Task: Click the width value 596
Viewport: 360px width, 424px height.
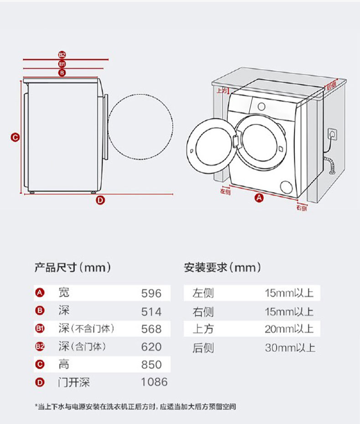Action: pyautogui.click(x=151, y=293)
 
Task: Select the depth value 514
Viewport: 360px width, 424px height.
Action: pyautogui.click(x=151, y=312)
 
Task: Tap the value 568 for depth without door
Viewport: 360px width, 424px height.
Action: pyautogui.click(x=151, y=329)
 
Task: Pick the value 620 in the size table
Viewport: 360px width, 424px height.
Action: pyautogui.click(x=151, y=347)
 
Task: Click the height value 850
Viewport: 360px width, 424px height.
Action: pyautogui.click(x=151, y=365)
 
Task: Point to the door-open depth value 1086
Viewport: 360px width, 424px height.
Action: pyautogui.click(x=154, y=382)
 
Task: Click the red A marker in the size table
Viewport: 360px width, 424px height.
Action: pyautogui.click(x=40, y=293)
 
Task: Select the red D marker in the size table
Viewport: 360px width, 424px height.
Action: pyautogui.click(x=40, y=383)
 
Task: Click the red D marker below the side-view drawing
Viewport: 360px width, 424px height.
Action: pyautogui.click(x=100, y=199)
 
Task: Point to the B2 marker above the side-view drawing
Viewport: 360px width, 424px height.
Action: pyautogui.click(x=62, y=55)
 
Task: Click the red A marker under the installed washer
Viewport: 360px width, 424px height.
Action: pyautogui.click(x=259, y=198)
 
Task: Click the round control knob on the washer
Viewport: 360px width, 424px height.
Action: pyautogui.click(x=262, y=106)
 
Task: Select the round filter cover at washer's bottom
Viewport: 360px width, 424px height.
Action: pyautogui.click(x=287, y=187)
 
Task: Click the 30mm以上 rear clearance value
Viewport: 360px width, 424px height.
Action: pyautogui.click(x=290, y=348)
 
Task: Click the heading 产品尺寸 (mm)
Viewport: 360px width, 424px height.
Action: pyautogui.click(x=73, y=267)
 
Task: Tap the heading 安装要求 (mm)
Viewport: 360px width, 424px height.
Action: pyautogui.click(x=222, y=267)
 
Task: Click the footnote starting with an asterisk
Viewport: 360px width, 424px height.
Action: pyautogui.click(x=136, y=406)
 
